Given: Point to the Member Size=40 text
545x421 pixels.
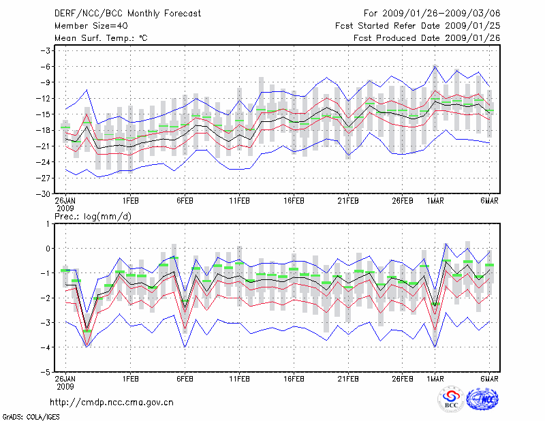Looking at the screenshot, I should (x=86, y=25).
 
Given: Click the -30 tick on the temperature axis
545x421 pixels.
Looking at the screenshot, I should (x=45, y=193).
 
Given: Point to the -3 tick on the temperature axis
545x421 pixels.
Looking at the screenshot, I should (x=47, y=51).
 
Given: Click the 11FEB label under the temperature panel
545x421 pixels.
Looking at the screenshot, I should (x=239, y=201).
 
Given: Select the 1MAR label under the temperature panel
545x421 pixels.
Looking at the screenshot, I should (x=435, y=201).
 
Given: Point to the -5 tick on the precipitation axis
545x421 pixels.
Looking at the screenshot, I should (x=47, y=373).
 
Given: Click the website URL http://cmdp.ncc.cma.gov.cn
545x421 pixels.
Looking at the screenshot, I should (x=112, y=403).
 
